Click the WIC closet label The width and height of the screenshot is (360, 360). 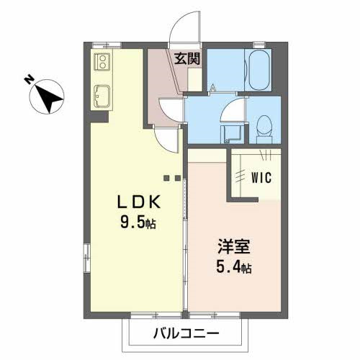click(x=257, y=178)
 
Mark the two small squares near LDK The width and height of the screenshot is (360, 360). click(x=171, y=178)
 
